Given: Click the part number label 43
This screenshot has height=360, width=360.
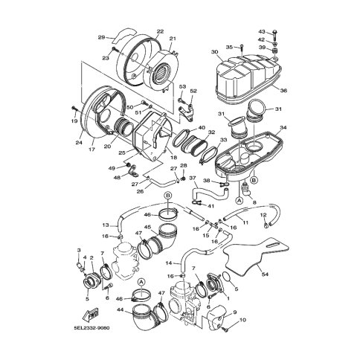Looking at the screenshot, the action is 262,31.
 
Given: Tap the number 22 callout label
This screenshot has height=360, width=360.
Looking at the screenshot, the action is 160,31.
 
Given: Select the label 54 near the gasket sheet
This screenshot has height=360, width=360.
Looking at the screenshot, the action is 266,274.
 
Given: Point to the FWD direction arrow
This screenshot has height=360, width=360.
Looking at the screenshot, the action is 90,314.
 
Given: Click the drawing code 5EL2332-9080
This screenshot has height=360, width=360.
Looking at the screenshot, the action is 91,328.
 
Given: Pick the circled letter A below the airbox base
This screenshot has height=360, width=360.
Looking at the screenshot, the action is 239,200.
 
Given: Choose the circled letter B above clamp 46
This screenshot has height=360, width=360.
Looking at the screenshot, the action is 168,196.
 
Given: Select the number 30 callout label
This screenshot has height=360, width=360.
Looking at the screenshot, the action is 214,52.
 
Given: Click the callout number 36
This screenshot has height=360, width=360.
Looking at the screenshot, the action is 283,91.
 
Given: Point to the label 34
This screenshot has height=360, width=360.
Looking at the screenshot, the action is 283,127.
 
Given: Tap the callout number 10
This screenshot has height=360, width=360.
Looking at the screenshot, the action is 242,320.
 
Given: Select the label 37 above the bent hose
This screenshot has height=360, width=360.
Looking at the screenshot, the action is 193,178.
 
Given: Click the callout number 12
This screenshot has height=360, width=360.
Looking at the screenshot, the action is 263,215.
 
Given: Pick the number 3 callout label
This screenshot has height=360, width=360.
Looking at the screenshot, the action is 79,251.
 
